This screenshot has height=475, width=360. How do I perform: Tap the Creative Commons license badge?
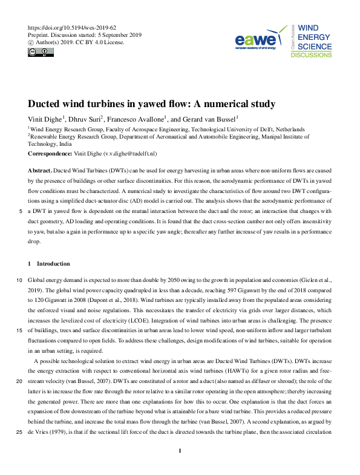38,53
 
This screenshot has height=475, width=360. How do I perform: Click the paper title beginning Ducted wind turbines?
152,104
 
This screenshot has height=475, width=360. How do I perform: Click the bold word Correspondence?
50,154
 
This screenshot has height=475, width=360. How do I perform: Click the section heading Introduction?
53,264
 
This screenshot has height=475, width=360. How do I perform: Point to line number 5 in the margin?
21,212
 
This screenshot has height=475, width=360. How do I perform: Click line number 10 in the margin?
20,281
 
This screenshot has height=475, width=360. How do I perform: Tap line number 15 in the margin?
20,330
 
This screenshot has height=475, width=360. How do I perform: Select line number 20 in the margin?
20,382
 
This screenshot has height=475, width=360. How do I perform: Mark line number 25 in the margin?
20,432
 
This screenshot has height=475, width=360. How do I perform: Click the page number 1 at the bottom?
180,468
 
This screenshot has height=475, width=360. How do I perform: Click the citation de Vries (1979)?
51,432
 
